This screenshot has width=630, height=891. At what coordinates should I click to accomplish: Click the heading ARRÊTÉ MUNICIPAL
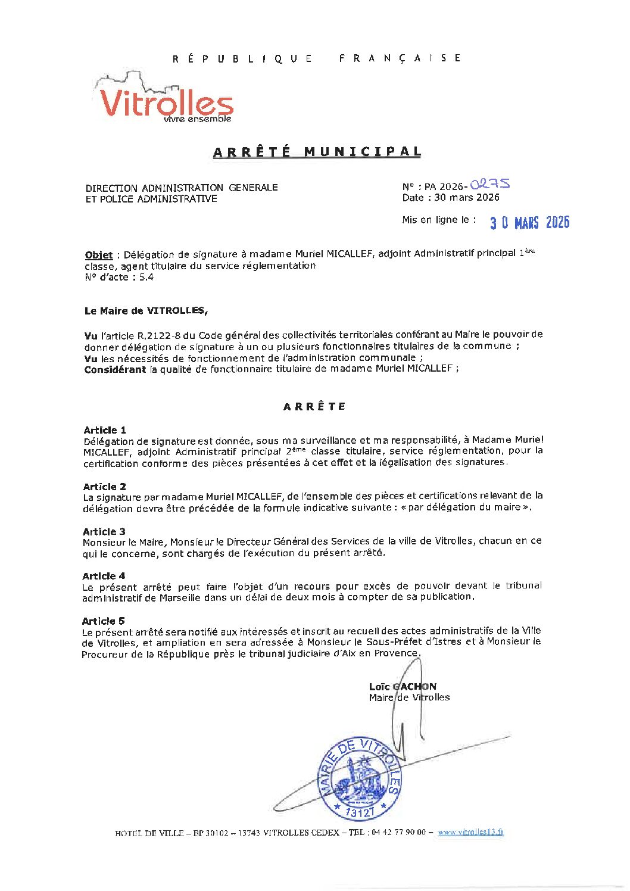click(x=317, y=152)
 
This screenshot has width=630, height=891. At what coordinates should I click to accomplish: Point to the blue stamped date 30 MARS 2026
click(x=529, y=222)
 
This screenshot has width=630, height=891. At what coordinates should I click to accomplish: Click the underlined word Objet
click(x=98, y=255)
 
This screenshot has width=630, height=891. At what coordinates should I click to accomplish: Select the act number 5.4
click(x=146, y=277)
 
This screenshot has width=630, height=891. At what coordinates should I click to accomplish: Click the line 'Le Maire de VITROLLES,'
click(x=146, y=311)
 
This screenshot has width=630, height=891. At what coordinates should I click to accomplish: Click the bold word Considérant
click(x=115, y=369)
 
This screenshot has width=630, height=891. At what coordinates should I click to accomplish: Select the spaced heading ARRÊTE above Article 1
click(x=314, y=407)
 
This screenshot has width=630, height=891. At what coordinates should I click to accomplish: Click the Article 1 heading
click(x=105, y=430)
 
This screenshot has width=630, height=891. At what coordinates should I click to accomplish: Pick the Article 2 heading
click(x=105, y=487)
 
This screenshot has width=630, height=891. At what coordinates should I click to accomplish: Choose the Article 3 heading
click(x=104, y=531)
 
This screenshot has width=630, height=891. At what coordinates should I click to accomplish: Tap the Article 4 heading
click(x=104, y=576)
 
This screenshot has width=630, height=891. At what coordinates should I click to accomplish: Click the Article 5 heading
click(x=104, y=621)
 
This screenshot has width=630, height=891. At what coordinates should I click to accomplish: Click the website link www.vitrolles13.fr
click(x=470, y=832)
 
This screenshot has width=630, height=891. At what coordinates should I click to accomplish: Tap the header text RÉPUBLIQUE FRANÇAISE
click(x=317, y=58)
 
